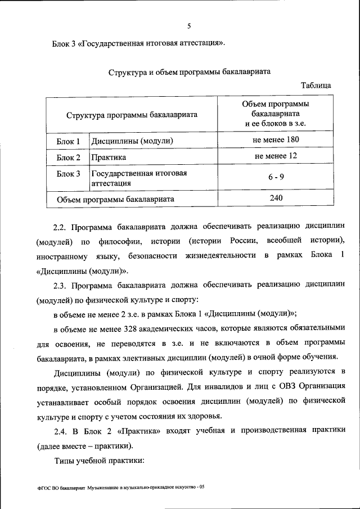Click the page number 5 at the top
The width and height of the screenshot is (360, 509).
tap(190, 25)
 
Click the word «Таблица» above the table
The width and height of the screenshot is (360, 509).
tap(316, 85)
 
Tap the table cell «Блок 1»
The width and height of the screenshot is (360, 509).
tap(69, 141)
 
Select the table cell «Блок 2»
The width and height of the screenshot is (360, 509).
tap(69, 157)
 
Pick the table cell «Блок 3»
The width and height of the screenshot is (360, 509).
tap(69, 174)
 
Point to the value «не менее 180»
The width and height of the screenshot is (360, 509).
tap(275, 139)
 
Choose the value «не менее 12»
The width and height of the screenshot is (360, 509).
tap(275, 156)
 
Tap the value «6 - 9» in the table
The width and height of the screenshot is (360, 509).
tap(275, 177)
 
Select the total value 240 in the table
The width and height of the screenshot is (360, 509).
tap(275, 197)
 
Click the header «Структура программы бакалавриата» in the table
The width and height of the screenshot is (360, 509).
tap(132, 114)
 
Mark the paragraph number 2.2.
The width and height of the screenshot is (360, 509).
tap(60, 227)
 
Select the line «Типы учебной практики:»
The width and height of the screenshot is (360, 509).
tap(100, 460)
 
